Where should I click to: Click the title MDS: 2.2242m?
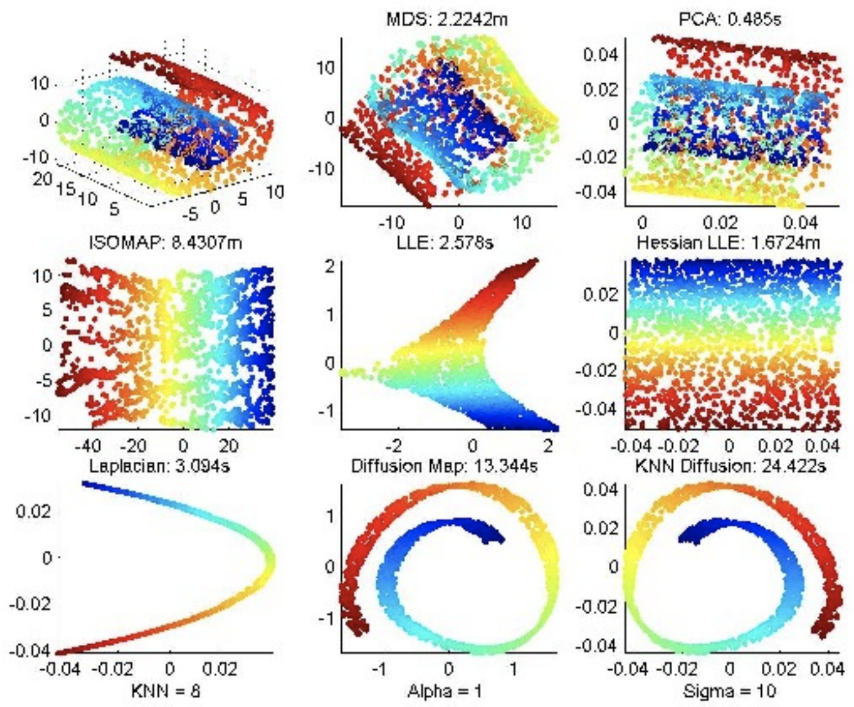point(446,19)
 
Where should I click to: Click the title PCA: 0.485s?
point(730,19)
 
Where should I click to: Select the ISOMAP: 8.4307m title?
point(166,243)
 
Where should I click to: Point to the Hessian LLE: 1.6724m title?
point(728,243)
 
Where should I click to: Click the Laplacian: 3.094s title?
point(159,466)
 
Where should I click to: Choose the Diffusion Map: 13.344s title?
point(444,466)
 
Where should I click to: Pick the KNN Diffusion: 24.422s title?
point(730,466)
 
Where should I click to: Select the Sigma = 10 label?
point(730,692)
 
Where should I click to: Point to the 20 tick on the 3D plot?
point(42,178)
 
